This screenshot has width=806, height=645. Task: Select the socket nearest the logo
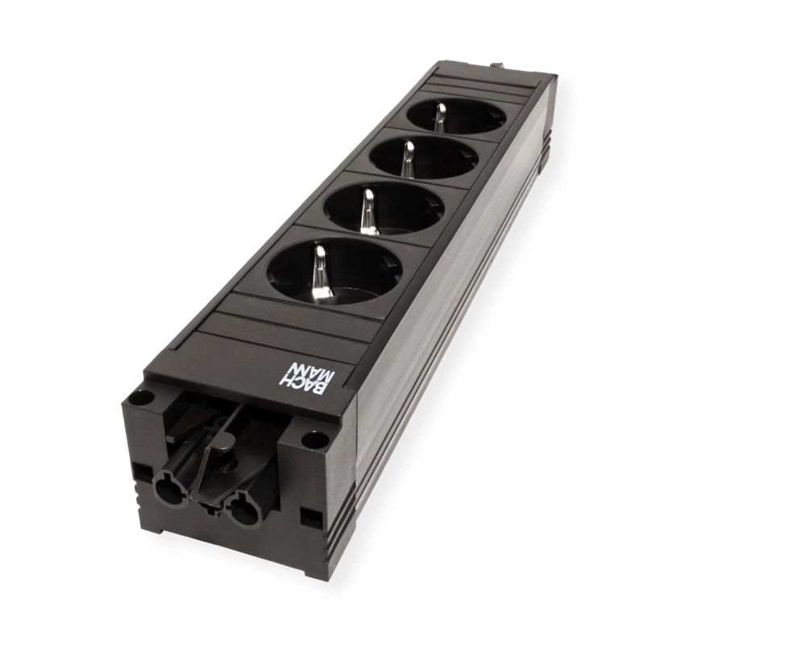tap(334, 271)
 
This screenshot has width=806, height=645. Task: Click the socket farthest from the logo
tap(456, 116)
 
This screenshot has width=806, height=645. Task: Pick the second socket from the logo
tap(384, 208)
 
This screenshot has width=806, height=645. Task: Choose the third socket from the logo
tap(424, 158)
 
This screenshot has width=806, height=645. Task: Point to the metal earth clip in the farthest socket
tap(439, 116)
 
